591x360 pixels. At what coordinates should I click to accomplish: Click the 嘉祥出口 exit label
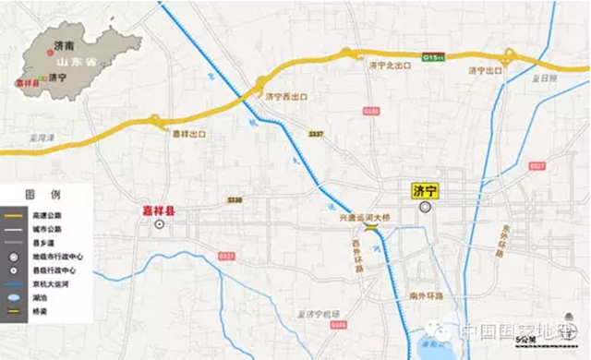(x=188, y=134)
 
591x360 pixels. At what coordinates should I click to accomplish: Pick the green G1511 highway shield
(x=433, y=56)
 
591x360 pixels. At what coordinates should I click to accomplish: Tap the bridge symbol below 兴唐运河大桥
(x=371, y=227)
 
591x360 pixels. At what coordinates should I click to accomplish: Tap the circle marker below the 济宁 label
(x=425, y=208)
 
